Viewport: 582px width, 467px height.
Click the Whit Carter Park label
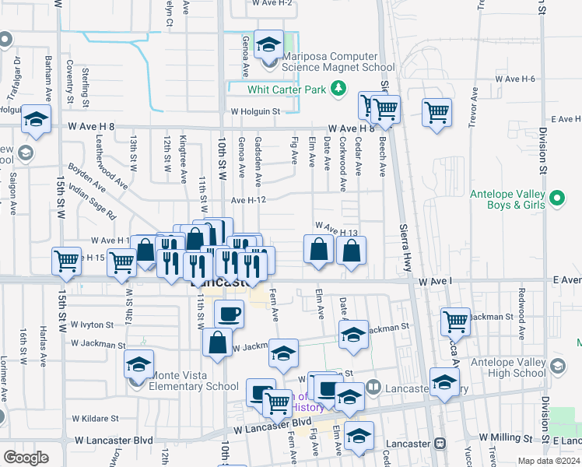click(286, 90)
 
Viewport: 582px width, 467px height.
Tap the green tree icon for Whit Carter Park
click(338, 89)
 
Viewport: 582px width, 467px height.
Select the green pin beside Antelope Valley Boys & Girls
click(557, 199)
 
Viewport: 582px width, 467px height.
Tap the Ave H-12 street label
click(249, 200)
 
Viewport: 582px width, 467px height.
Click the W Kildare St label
click(93, 418)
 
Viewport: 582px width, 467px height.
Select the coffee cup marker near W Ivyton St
click(229, 314)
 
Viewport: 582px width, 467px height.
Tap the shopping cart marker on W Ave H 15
click(66, 261)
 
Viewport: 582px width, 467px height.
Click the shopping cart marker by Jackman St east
click(455, 320)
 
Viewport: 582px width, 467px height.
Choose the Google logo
click(26, 458)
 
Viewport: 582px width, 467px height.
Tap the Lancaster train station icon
click(440, 444)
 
